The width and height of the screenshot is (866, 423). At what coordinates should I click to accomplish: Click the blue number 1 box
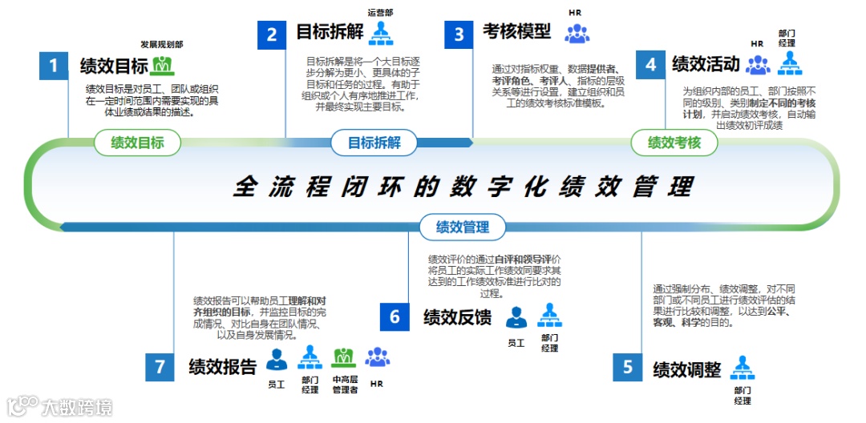pos(54,66)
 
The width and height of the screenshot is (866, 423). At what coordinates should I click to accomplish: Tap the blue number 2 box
pos(272,34)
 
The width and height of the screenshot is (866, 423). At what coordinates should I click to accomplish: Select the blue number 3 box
pos(459,34)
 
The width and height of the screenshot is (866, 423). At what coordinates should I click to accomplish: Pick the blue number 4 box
pos(650,65)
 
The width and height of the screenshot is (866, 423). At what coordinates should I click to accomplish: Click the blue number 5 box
pos(628,368)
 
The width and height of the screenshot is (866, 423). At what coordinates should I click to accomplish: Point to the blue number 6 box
pos(395,317)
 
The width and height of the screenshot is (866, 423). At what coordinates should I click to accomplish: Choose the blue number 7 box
pos(160,368)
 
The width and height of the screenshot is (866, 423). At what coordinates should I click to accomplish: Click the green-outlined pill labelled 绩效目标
pos(138,143)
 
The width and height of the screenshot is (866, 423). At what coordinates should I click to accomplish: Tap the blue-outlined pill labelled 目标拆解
pos(374,143)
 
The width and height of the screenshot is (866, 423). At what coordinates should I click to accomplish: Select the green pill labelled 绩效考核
pos(674,143)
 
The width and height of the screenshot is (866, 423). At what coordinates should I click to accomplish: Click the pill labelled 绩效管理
pos(463,228)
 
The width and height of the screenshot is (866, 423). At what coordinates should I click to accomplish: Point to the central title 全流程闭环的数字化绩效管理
pos(463,186)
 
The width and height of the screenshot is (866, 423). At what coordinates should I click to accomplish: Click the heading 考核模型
pos(516,32)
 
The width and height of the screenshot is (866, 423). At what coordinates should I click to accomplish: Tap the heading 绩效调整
pos(686,369)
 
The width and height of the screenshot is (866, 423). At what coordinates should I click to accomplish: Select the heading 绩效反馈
pos(457,317)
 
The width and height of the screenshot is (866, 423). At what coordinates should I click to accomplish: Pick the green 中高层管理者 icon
pos(344,357)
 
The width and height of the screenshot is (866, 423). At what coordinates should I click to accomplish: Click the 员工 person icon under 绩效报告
pos(277,358)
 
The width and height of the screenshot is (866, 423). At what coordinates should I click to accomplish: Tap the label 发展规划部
pos(161,44)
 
